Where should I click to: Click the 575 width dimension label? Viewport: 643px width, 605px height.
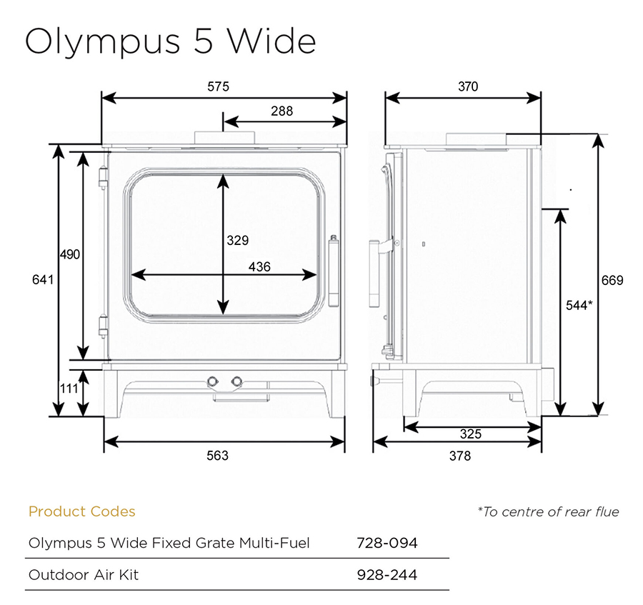[218, 86]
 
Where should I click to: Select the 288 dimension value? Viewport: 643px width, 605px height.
[281, 111]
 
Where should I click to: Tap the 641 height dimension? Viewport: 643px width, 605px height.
[43, 279]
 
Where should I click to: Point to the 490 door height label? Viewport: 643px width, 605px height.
[70, 254]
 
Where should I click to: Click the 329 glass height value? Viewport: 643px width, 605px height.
[238, 240]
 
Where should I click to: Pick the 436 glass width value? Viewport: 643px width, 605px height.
[259, 267]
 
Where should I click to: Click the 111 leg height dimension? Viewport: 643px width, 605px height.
[69, 388]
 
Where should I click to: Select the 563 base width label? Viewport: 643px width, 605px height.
[217, 456]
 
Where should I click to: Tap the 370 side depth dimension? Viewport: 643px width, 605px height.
[468, 86]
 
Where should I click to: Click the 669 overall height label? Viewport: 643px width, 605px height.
[612, 281]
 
